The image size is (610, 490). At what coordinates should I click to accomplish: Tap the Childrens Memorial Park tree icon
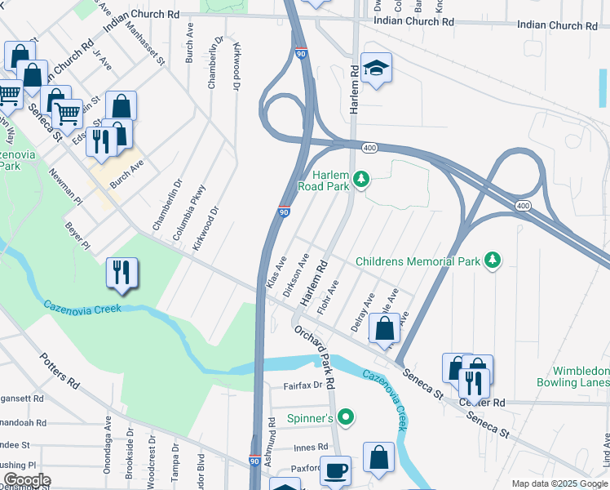(492, 261)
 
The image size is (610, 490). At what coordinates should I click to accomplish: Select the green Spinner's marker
(346, 417)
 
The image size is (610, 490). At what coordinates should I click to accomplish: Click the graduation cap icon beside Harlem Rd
(376, 69)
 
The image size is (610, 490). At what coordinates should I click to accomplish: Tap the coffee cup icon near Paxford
(335, 471)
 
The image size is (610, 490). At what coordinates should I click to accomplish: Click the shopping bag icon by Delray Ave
(384, 328)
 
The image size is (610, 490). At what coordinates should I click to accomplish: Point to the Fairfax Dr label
(303, 386)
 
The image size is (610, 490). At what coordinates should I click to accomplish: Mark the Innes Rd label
(311, 447)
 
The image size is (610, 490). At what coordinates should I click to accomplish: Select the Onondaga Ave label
(108, 436)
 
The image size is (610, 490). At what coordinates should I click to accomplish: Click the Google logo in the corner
(26, 480)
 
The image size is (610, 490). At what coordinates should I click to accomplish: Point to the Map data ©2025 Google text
(559, 483)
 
